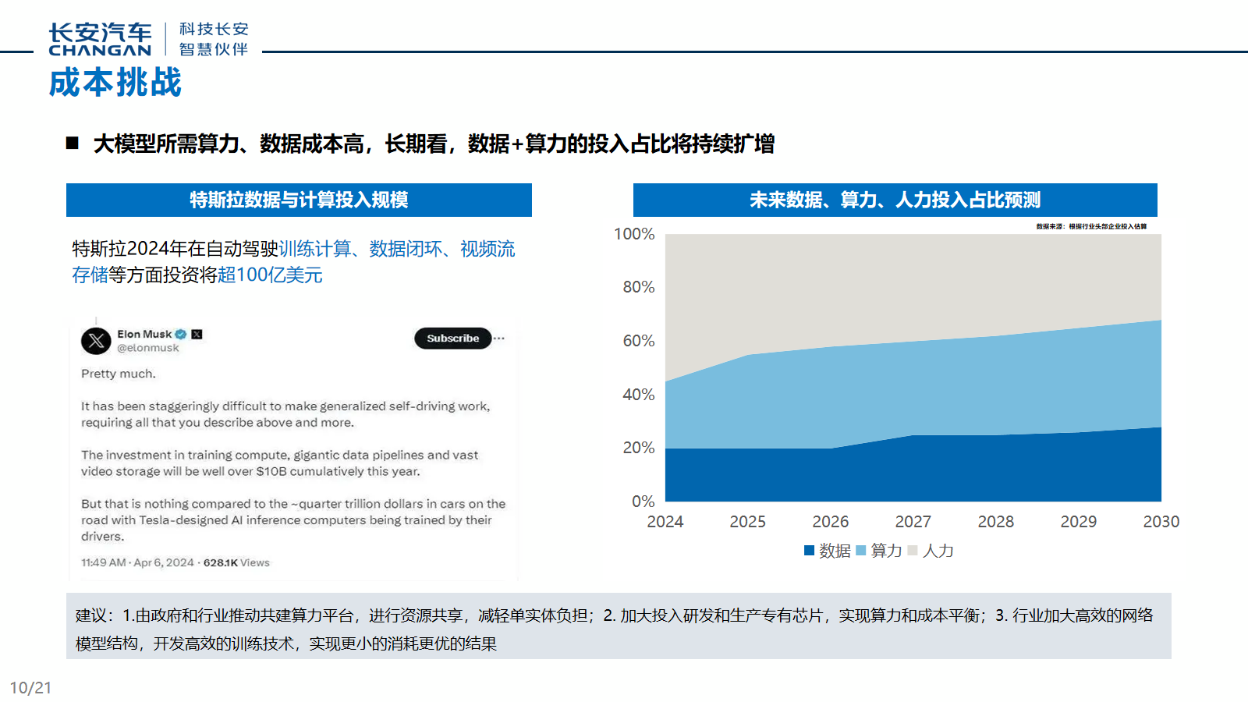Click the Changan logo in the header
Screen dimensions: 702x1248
coord(100,39)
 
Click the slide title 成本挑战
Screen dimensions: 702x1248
coord(115,83)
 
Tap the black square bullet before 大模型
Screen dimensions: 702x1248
coord(73,143)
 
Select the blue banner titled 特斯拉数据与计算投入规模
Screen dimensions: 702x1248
coord(299,200)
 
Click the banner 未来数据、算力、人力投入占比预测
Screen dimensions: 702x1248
coord(895,200)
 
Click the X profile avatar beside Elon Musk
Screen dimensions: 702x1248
coord(96,341)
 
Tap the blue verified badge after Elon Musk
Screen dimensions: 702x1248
coord(181,335)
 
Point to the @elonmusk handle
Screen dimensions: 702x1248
coord(148,348)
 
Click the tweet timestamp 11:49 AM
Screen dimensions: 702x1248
coord(104,562)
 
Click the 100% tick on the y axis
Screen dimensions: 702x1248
coord(634,234)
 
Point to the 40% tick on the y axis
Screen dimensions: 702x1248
coord(638,395)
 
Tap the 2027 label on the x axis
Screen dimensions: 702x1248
coord(913,522)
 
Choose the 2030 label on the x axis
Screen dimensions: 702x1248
coord(1161,522)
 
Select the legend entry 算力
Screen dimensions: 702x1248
coord(879,551)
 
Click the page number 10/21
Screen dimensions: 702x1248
coord(30,688)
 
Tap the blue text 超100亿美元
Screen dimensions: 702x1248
coord(270,275)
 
